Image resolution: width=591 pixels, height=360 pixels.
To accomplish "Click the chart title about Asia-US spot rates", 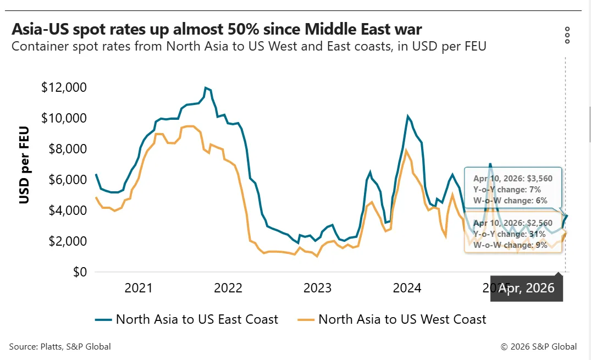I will click(x=217, y=29).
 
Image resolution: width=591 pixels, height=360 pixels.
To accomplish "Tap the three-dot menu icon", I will click(x=567, y=35).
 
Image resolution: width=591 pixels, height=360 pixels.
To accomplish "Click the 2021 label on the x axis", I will click(x=138, y=288).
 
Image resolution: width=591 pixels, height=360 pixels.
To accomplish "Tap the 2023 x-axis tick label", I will click(x=317, y=288).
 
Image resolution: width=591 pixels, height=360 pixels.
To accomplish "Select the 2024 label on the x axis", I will click(x=407, y=288).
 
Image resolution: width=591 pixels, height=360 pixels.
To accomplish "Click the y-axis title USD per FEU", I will click(x=24, y=165).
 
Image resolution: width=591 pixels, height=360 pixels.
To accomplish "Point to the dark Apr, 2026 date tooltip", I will click(x=526, y=288).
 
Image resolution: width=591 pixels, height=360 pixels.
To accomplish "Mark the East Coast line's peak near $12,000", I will click(x=206, y=88).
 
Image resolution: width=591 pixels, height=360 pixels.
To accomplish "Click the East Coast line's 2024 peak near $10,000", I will click(x=407, y=117).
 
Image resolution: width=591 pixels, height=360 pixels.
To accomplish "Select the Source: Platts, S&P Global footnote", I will click(x=60, y=346).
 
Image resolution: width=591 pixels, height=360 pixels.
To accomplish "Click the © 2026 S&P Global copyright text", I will click(x=539, y=346).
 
